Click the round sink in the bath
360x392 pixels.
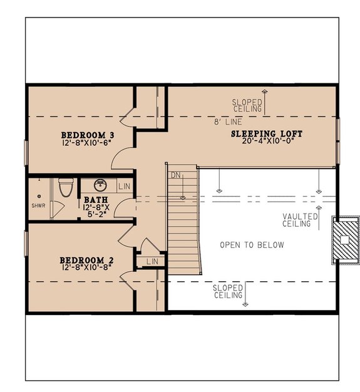[x=101, y=186]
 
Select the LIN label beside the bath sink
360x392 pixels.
[x=123, y=187]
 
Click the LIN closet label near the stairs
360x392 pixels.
[x=152, y=261]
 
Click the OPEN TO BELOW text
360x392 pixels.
[x=251, y=245]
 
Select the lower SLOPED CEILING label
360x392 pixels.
[x=228, y=291]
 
